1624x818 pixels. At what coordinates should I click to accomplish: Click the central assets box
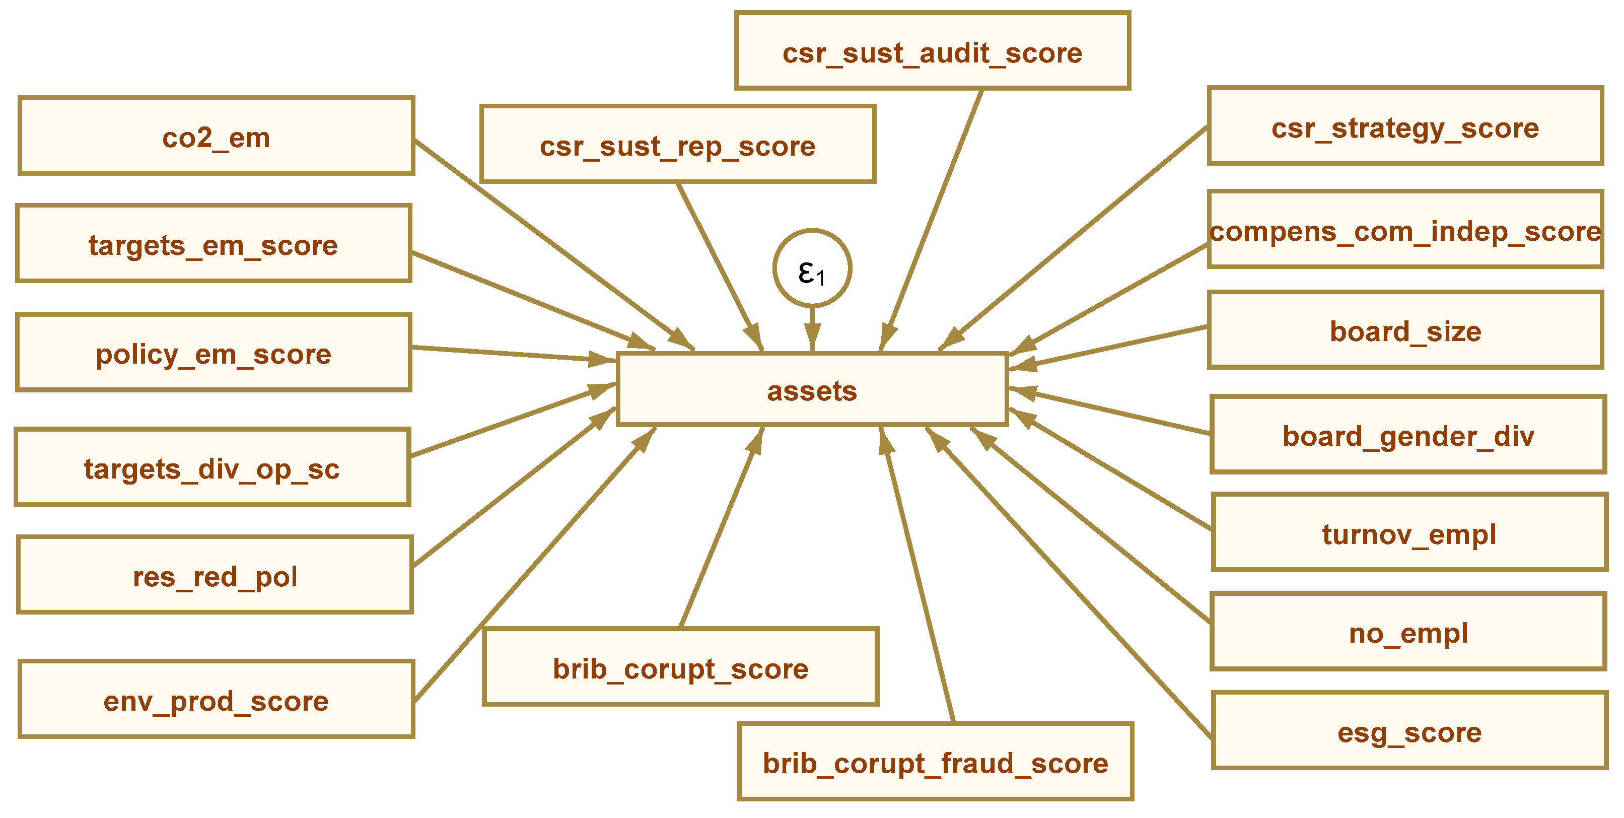coord(812,390)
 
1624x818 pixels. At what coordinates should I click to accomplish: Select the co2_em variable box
coord(216,136)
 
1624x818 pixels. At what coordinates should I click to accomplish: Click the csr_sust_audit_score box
coord(933,51)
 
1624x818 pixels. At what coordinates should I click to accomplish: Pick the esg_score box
coord(1409,731)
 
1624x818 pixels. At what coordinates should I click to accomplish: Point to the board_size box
coord(1405,330)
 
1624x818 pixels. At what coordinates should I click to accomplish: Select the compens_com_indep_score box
coord(1405,230)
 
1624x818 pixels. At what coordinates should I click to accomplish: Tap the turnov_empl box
coord(1409,533)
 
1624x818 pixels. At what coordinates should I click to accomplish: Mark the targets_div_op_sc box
coord(213,467)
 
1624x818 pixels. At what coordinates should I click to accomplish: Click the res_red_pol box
coord(215,575)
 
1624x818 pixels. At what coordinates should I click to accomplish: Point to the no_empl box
coord(1408,631)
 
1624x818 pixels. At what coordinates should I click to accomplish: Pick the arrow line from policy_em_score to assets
coord(505,354)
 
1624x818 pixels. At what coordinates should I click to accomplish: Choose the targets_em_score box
coord(214,243)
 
